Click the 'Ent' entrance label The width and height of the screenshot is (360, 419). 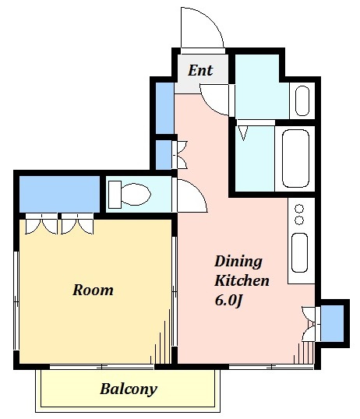coord(200,71)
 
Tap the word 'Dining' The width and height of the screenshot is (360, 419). coord(238,262)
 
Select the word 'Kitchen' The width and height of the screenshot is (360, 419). coord(242,280)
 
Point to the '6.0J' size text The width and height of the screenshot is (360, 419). coord(228,301)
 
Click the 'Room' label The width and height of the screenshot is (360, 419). coord(93,290)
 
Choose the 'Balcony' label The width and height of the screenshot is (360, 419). coord(129,389)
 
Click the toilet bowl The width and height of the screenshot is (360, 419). coord(136,194)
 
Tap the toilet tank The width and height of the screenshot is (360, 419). coord(115,194)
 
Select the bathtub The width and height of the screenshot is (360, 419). coord(295,159)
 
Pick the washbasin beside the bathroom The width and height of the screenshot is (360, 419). coord(302,100)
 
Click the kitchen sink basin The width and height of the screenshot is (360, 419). coord(299,252)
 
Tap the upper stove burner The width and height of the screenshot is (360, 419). coord(299,208)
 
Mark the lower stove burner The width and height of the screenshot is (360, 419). coord(299,220)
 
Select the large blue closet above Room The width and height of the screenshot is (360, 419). coord(60,194)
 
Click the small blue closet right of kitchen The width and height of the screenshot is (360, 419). coord(332,323)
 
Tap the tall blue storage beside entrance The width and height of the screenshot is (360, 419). coord(164,108)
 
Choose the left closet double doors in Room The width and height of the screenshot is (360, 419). coord(41,224)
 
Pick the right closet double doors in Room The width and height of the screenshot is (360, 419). coord(77,224)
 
